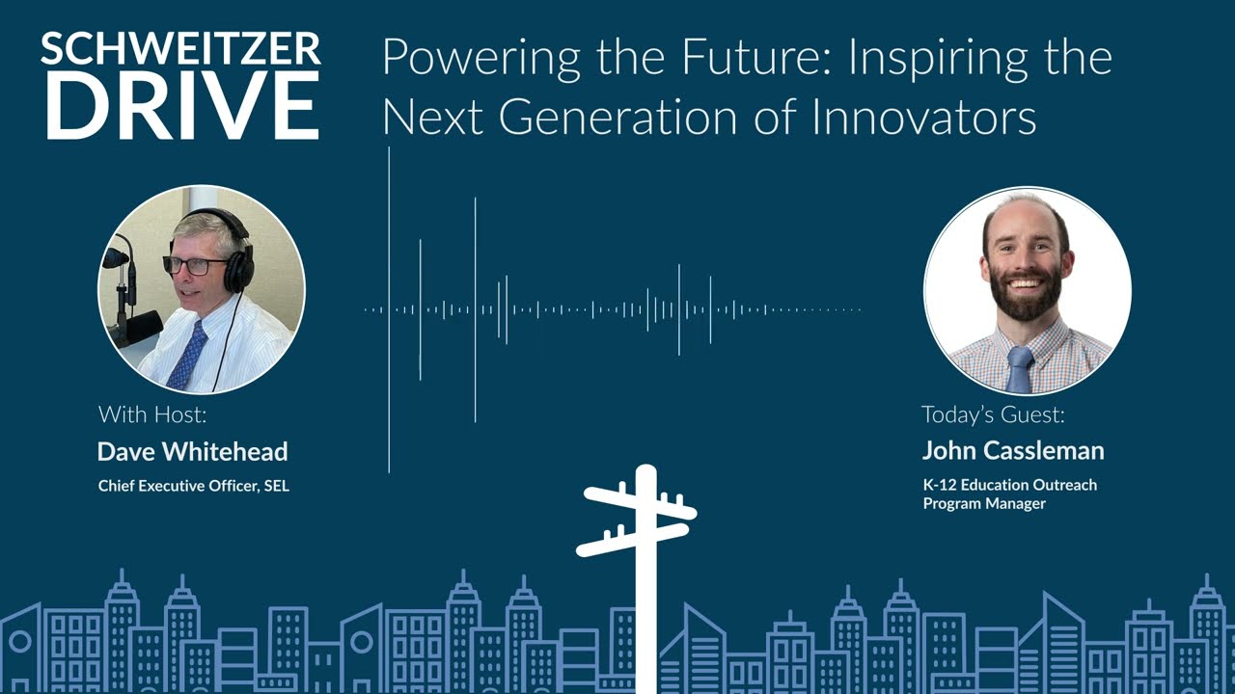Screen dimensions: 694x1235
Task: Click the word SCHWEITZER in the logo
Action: click(180, 49)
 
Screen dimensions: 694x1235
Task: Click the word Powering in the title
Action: click(480, 60)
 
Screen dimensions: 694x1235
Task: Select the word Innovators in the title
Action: click(923, 118)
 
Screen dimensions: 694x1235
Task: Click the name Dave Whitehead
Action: click(193, 451)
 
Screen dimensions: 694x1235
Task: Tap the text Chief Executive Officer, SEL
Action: click(194, 486)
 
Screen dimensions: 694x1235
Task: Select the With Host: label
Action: click(152, 415)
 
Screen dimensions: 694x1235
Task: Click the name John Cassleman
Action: click(1013, 450)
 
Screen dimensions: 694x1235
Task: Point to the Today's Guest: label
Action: click(993, 414)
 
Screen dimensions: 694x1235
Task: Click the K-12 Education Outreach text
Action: click(1010, 485)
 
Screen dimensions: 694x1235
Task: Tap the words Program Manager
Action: click(984, 503)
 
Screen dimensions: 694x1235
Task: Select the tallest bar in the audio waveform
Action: click(389, 309)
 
